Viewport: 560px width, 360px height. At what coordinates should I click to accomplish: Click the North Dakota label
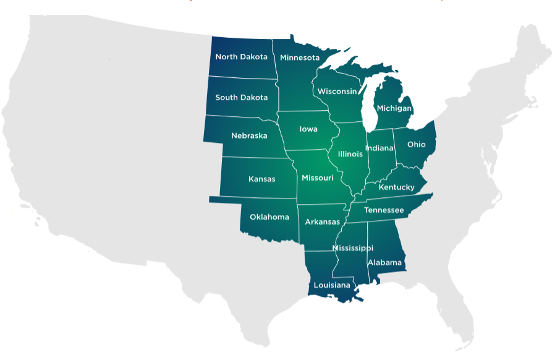241,57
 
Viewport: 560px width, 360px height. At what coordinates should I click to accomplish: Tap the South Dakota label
241,98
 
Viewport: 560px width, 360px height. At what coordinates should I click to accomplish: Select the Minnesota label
300,58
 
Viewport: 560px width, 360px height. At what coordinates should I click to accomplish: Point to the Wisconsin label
337,92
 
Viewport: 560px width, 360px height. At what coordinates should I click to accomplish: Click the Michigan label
394,108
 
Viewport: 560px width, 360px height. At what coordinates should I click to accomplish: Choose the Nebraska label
249,135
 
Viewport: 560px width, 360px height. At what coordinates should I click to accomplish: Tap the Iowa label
308,129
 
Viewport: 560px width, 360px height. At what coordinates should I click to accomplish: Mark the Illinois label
350,154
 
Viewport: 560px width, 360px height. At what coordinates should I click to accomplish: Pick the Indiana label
380,148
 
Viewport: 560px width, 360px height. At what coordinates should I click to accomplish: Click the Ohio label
417,145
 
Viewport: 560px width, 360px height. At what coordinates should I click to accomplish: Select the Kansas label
261,179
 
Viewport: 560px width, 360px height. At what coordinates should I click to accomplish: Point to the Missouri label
318,178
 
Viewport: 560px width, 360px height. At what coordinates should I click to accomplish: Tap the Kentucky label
396,187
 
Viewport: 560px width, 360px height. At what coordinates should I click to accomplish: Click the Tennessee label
384,210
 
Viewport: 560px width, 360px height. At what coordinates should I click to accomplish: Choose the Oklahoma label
269,217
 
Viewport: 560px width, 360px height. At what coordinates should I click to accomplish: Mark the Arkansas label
322,222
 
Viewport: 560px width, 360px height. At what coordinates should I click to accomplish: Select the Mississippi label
352,248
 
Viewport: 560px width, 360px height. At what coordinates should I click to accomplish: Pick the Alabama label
384,263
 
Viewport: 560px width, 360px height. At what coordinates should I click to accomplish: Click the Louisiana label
332,286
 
